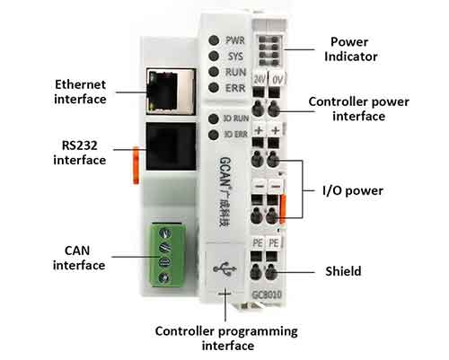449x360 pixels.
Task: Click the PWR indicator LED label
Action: pyautogui.click(x=234, y=40)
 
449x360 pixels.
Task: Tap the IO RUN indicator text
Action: pyautogui.click(x=233, y=119)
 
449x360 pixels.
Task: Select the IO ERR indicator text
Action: pyautogui.click(x=233, y=135)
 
